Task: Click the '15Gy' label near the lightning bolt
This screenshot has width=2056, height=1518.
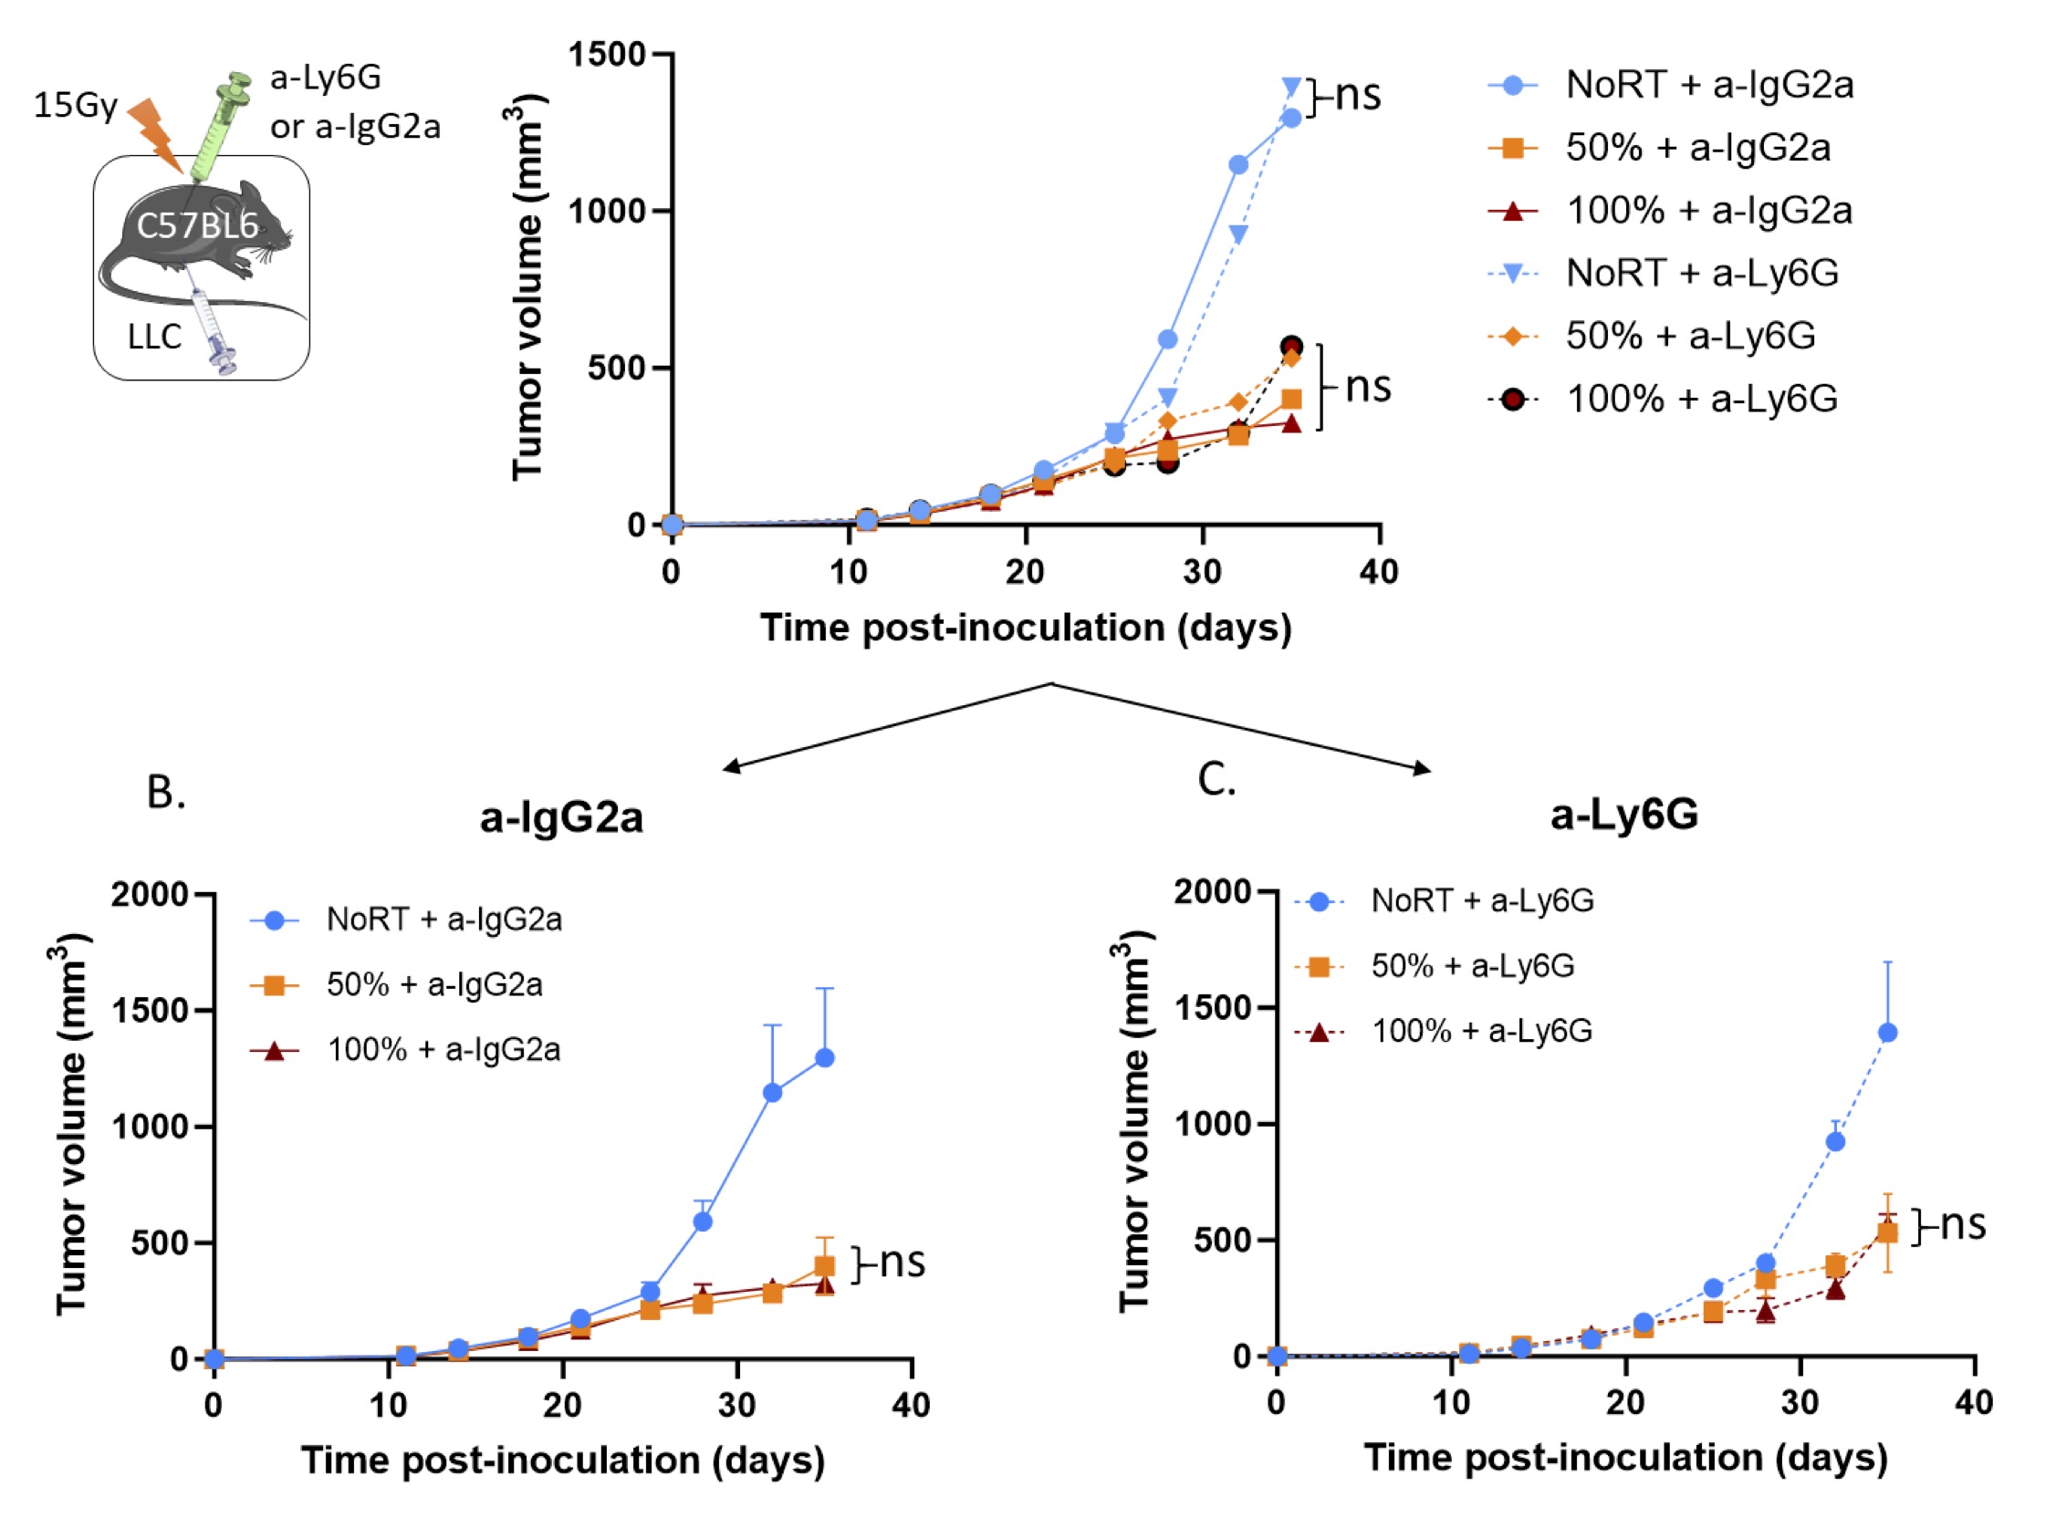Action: (x=76, y=105)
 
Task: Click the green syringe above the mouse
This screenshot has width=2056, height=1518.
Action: (x=221, y=124)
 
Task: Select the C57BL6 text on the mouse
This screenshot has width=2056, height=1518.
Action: (x=197, y=225)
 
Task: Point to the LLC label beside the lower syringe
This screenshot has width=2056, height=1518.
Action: (x=154, y=338)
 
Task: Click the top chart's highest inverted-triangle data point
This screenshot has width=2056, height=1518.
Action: (x=1291, y=88)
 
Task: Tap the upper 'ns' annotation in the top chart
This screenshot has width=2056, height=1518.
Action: (x=1358, y=95)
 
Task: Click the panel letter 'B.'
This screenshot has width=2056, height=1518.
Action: (x=166, y=792)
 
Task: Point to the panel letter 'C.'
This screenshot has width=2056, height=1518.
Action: (x=1216, y=779)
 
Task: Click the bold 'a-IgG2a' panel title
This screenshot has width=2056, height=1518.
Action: (x=561, y=816)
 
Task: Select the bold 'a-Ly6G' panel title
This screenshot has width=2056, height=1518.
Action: (x=1624, y=814)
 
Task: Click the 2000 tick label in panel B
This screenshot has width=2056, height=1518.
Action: (x=150, y=894)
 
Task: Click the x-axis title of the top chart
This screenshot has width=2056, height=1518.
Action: (x=1026, y=628)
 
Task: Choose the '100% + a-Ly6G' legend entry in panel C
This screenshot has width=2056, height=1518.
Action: (x=1482, y=1031)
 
